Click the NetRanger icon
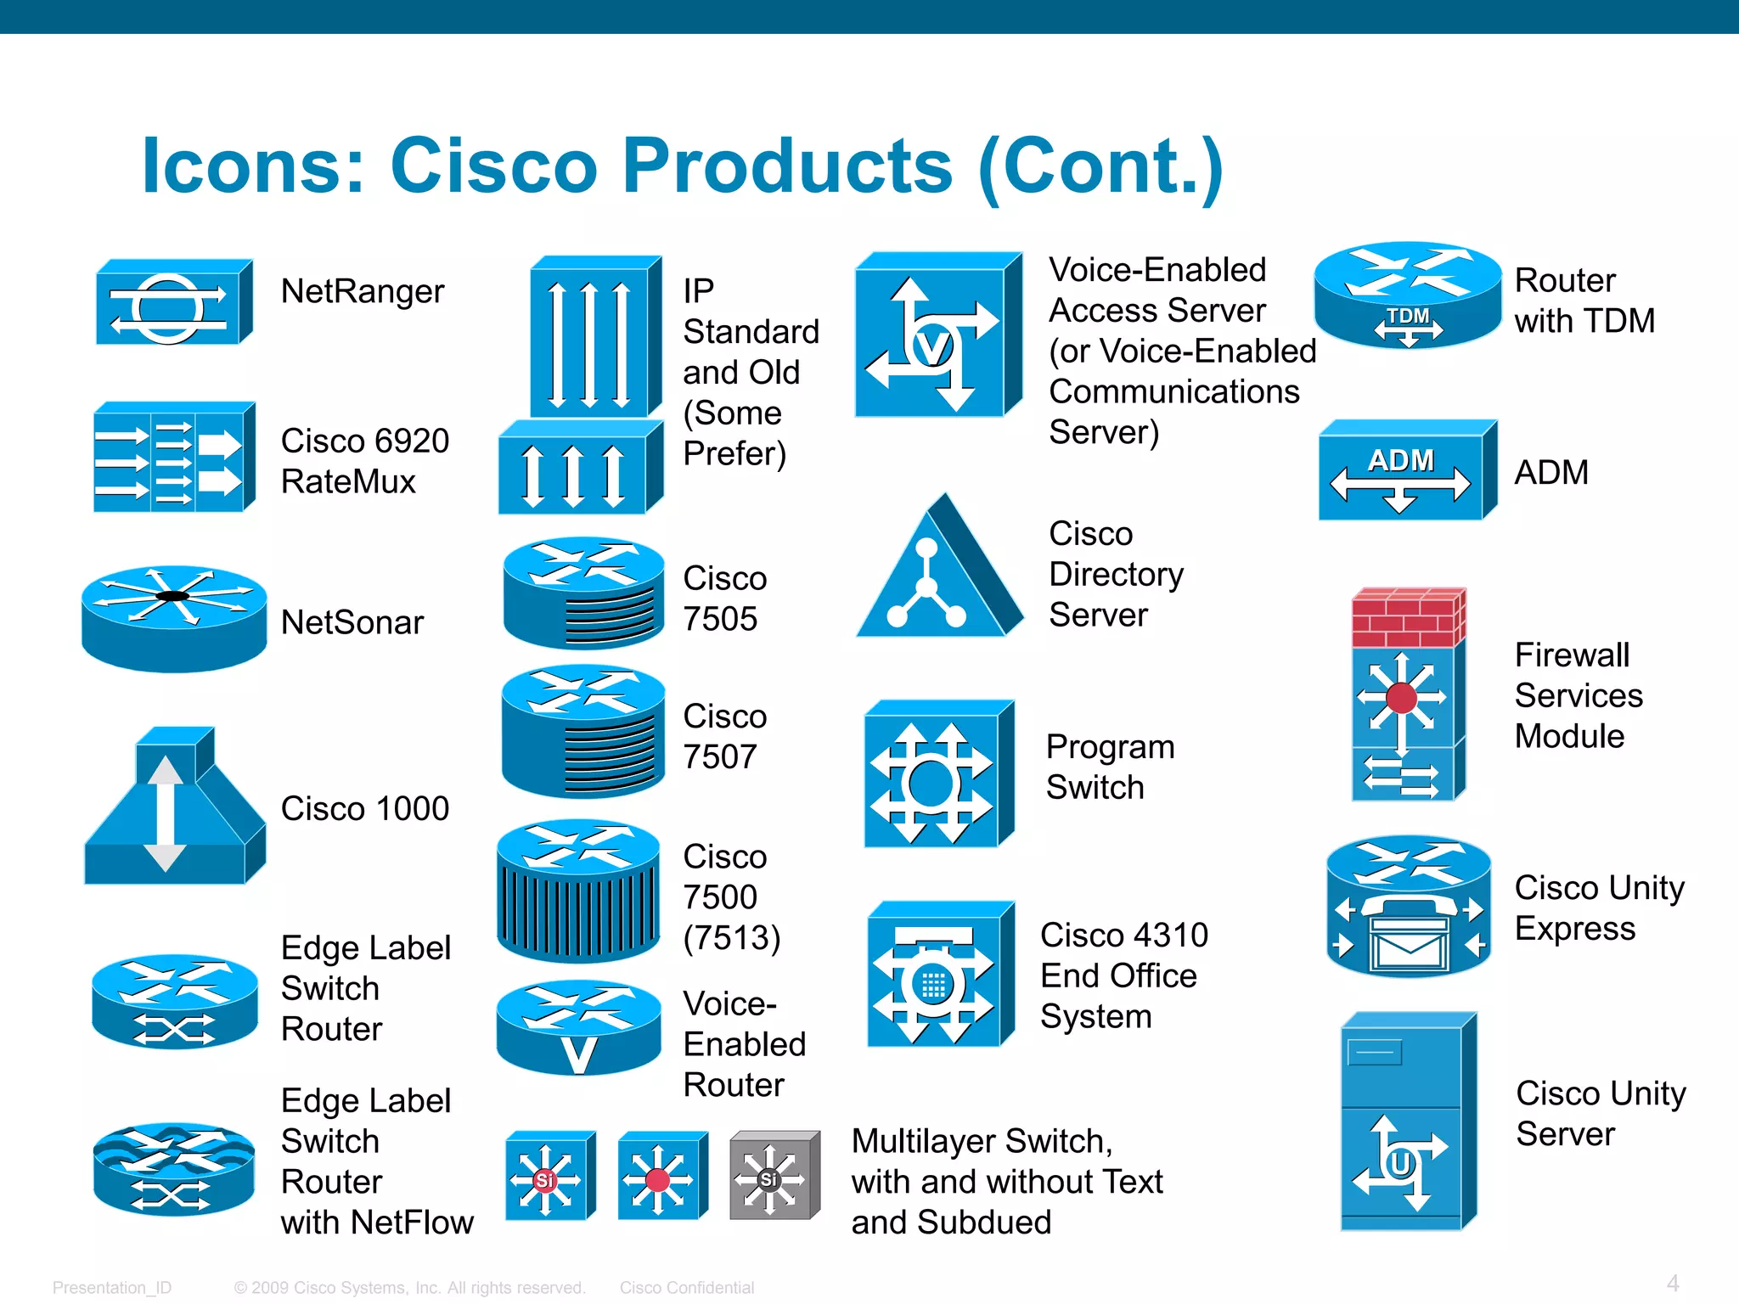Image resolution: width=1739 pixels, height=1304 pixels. click(x=173, y=302)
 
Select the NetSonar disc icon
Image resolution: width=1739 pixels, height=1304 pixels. click(x=174, y=618)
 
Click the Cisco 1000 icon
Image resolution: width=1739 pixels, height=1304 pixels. click(x=174, y=807)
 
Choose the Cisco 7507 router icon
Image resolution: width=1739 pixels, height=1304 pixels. click(x=583, y=731)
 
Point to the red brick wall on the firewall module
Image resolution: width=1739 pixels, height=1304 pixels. click(x=1407, y=618)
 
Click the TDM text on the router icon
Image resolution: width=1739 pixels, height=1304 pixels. click(x=1408, y=316)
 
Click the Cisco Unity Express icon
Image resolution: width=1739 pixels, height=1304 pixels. click(x=1409, y=907)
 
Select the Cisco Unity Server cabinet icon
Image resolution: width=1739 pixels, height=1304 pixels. click(x=1408, y=1121)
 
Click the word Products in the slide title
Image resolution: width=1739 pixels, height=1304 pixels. click(x=787, y=166)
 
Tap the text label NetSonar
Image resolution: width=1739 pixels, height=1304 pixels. click(x=352, y=622)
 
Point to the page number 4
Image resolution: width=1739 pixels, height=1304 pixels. click(x=1672, y=1283)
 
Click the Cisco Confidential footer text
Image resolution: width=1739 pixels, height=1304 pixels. click(x=686, y=1287)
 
